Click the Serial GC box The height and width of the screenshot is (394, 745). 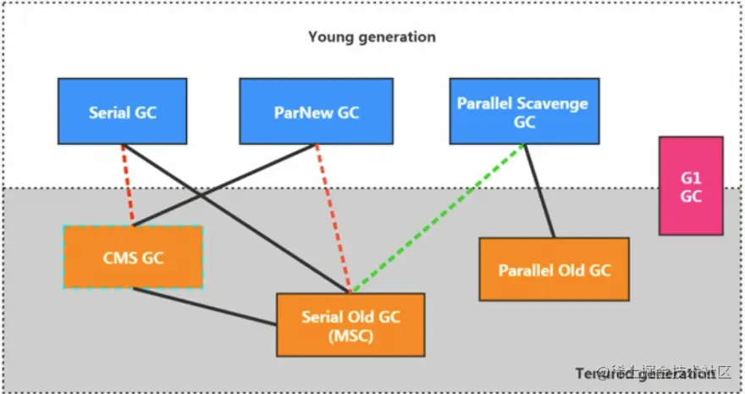[x=123, y=111]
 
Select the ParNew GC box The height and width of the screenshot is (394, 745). [x=316, y=111]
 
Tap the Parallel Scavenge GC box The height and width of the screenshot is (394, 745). [x=522, y=111]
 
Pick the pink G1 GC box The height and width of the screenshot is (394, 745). [x=691, y=186]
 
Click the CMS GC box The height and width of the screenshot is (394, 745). [x=133, y=257]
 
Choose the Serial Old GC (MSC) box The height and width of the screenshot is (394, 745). [x=350, y=325]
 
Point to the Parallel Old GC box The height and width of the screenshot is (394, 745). [x=554, y=269]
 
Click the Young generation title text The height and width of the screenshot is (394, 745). [x=372, y=36]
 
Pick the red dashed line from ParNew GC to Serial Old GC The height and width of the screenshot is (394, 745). [x=332, y=217]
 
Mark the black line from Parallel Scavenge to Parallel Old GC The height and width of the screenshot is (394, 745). [x=539, y=191]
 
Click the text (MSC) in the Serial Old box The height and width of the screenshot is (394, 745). [x=350, y=335]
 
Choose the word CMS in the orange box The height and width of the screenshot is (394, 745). [x=119, y=257]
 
